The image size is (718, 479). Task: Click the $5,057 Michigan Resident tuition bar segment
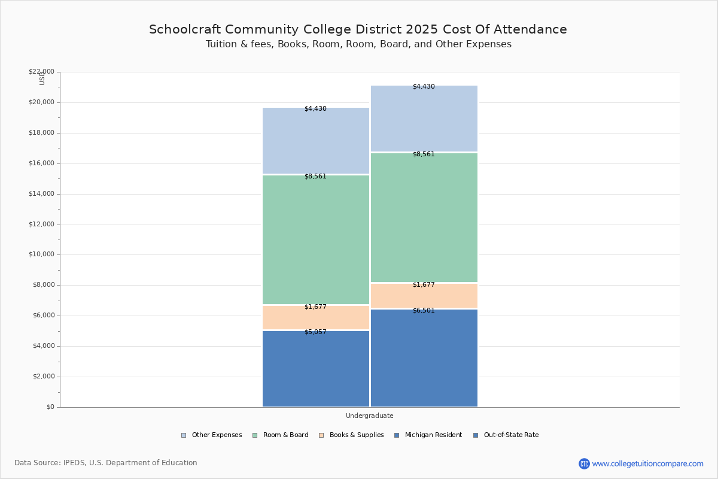316,369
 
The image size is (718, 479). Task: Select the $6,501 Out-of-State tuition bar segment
424,358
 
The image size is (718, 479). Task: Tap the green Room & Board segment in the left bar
316,239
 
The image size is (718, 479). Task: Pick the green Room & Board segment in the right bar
424,217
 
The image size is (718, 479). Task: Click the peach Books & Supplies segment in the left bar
316,317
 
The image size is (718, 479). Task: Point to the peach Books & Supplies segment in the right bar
424,296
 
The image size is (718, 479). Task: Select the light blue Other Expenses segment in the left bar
316,141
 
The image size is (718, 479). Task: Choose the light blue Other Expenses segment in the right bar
424,119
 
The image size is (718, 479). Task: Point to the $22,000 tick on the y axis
41,72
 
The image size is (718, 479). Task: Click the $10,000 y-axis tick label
41,254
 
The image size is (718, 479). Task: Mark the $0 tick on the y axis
50,407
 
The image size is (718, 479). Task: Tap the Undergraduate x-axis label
369,416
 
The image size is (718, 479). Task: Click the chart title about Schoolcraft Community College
358,29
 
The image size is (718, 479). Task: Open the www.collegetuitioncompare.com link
647,463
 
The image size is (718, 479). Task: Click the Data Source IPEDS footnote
106,463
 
